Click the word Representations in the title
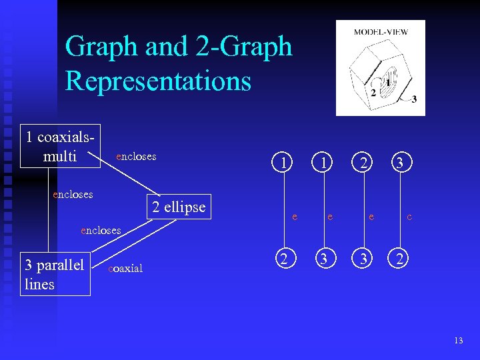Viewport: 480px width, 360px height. [158, 81]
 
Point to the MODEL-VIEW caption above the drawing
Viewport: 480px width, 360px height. [381, 31]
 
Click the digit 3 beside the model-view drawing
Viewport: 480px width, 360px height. [414, 100]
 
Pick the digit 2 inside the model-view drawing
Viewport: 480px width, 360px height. [373, 92]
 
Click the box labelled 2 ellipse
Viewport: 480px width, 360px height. [179, 207]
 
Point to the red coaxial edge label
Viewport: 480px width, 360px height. [125, 268]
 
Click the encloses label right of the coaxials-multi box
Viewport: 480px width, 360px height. [136, 157]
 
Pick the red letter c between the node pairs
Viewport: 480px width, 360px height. [409, 217]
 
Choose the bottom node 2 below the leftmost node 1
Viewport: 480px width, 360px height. [285, 259]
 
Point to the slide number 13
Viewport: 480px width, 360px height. [458, 341]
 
